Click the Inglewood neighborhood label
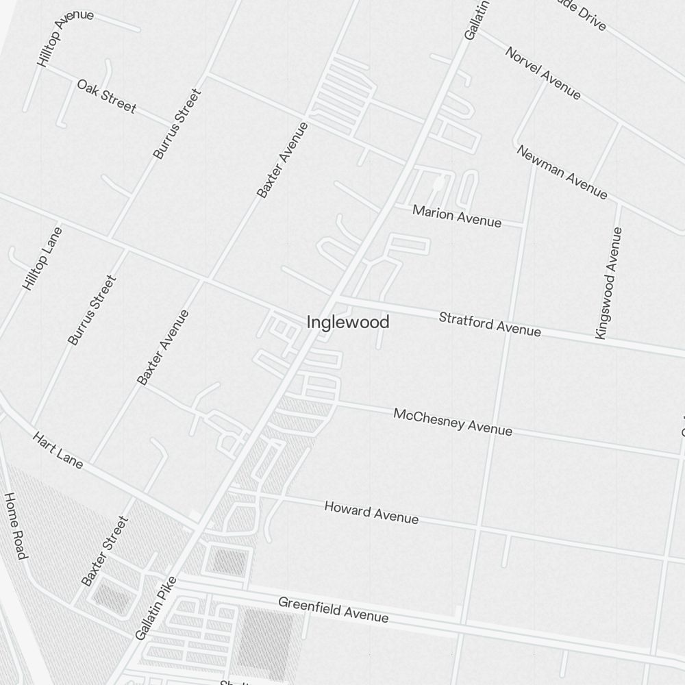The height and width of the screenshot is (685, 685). (x=348, y=322)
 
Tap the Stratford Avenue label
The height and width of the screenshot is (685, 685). (x=490, y=324)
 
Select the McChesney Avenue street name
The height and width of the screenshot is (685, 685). (x=453, y=422)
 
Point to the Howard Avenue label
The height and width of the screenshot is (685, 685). (x=371, y=512)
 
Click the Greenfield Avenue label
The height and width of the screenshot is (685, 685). (x=334, y=610)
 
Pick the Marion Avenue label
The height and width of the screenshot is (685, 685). (x=457, y=216)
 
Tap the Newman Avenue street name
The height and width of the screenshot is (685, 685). (x=562, y=172)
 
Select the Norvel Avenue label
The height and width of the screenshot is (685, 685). (x=543, y=73)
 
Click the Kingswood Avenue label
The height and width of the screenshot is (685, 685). (x=609, y=283)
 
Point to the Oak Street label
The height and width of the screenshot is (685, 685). (x=107, y=96)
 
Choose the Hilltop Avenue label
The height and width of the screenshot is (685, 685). (x=65, y=38)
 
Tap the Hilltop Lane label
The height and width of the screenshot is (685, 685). (x=42, y=258)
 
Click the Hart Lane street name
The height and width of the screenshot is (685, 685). (x=58, y=450)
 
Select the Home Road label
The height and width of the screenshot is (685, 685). (x=15, y=525)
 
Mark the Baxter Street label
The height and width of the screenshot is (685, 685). (x=105, y=551)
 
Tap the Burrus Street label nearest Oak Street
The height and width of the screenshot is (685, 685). (x=177, y=124)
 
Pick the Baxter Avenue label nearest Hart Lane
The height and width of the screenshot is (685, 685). (x=162, y=347)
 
